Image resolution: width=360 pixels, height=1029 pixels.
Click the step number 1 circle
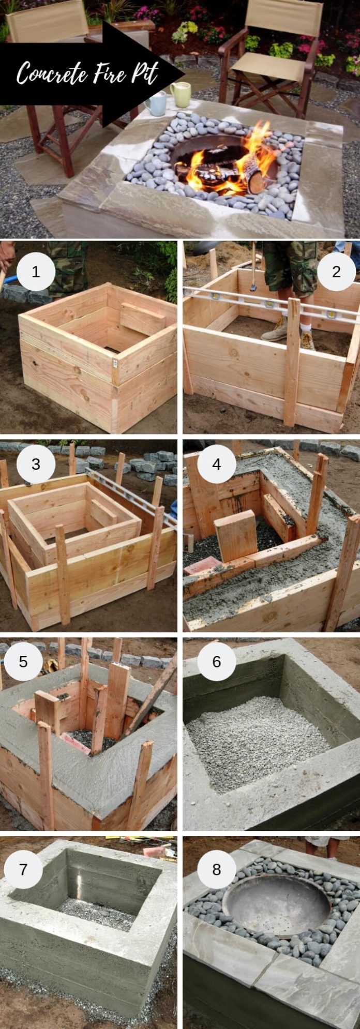pyautogui.click(x=36, y=271)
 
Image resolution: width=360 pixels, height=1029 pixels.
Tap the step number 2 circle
pyautogui.click(x=336, y=271)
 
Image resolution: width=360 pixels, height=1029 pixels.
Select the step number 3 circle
pyautogui.click(x=36, y=464)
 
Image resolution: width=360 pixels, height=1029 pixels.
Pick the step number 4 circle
pyautogui.click(x=216, y=464)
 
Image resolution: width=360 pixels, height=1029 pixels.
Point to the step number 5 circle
pyautogui.click(x=23, y=661)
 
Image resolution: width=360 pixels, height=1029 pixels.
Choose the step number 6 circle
pyautogui.click(x=216, y=661)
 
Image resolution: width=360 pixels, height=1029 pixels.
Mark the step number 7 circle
pyautogui.click(x=23, y=855)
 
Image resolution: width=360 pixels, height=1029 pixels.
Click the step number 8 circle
pyautogui.click(x=216, y=855)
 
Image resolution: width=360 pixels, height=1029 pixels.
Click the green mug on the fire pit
pyautogui.click(x=181, y=94)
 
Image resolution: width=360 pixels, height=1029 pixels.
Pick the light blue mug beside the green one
pyautogui.click(x=156, y=103)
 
